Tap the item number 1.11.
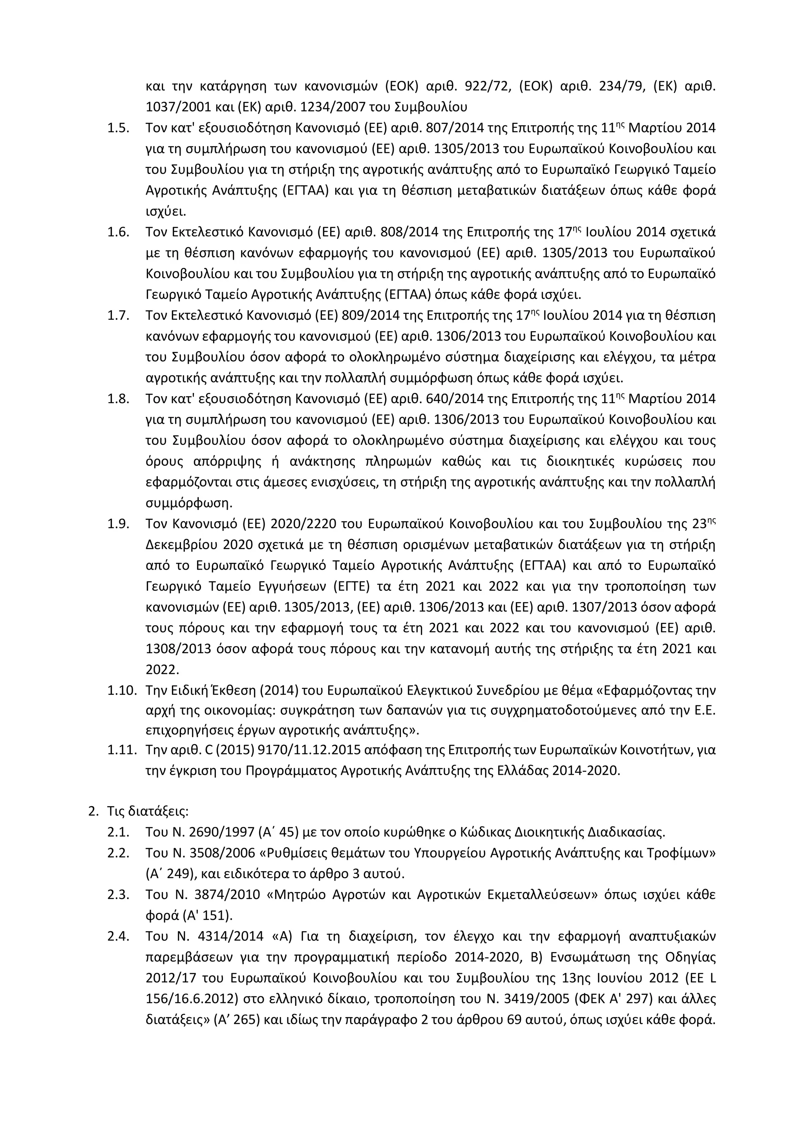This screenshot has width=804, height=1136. click(121, 750)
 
